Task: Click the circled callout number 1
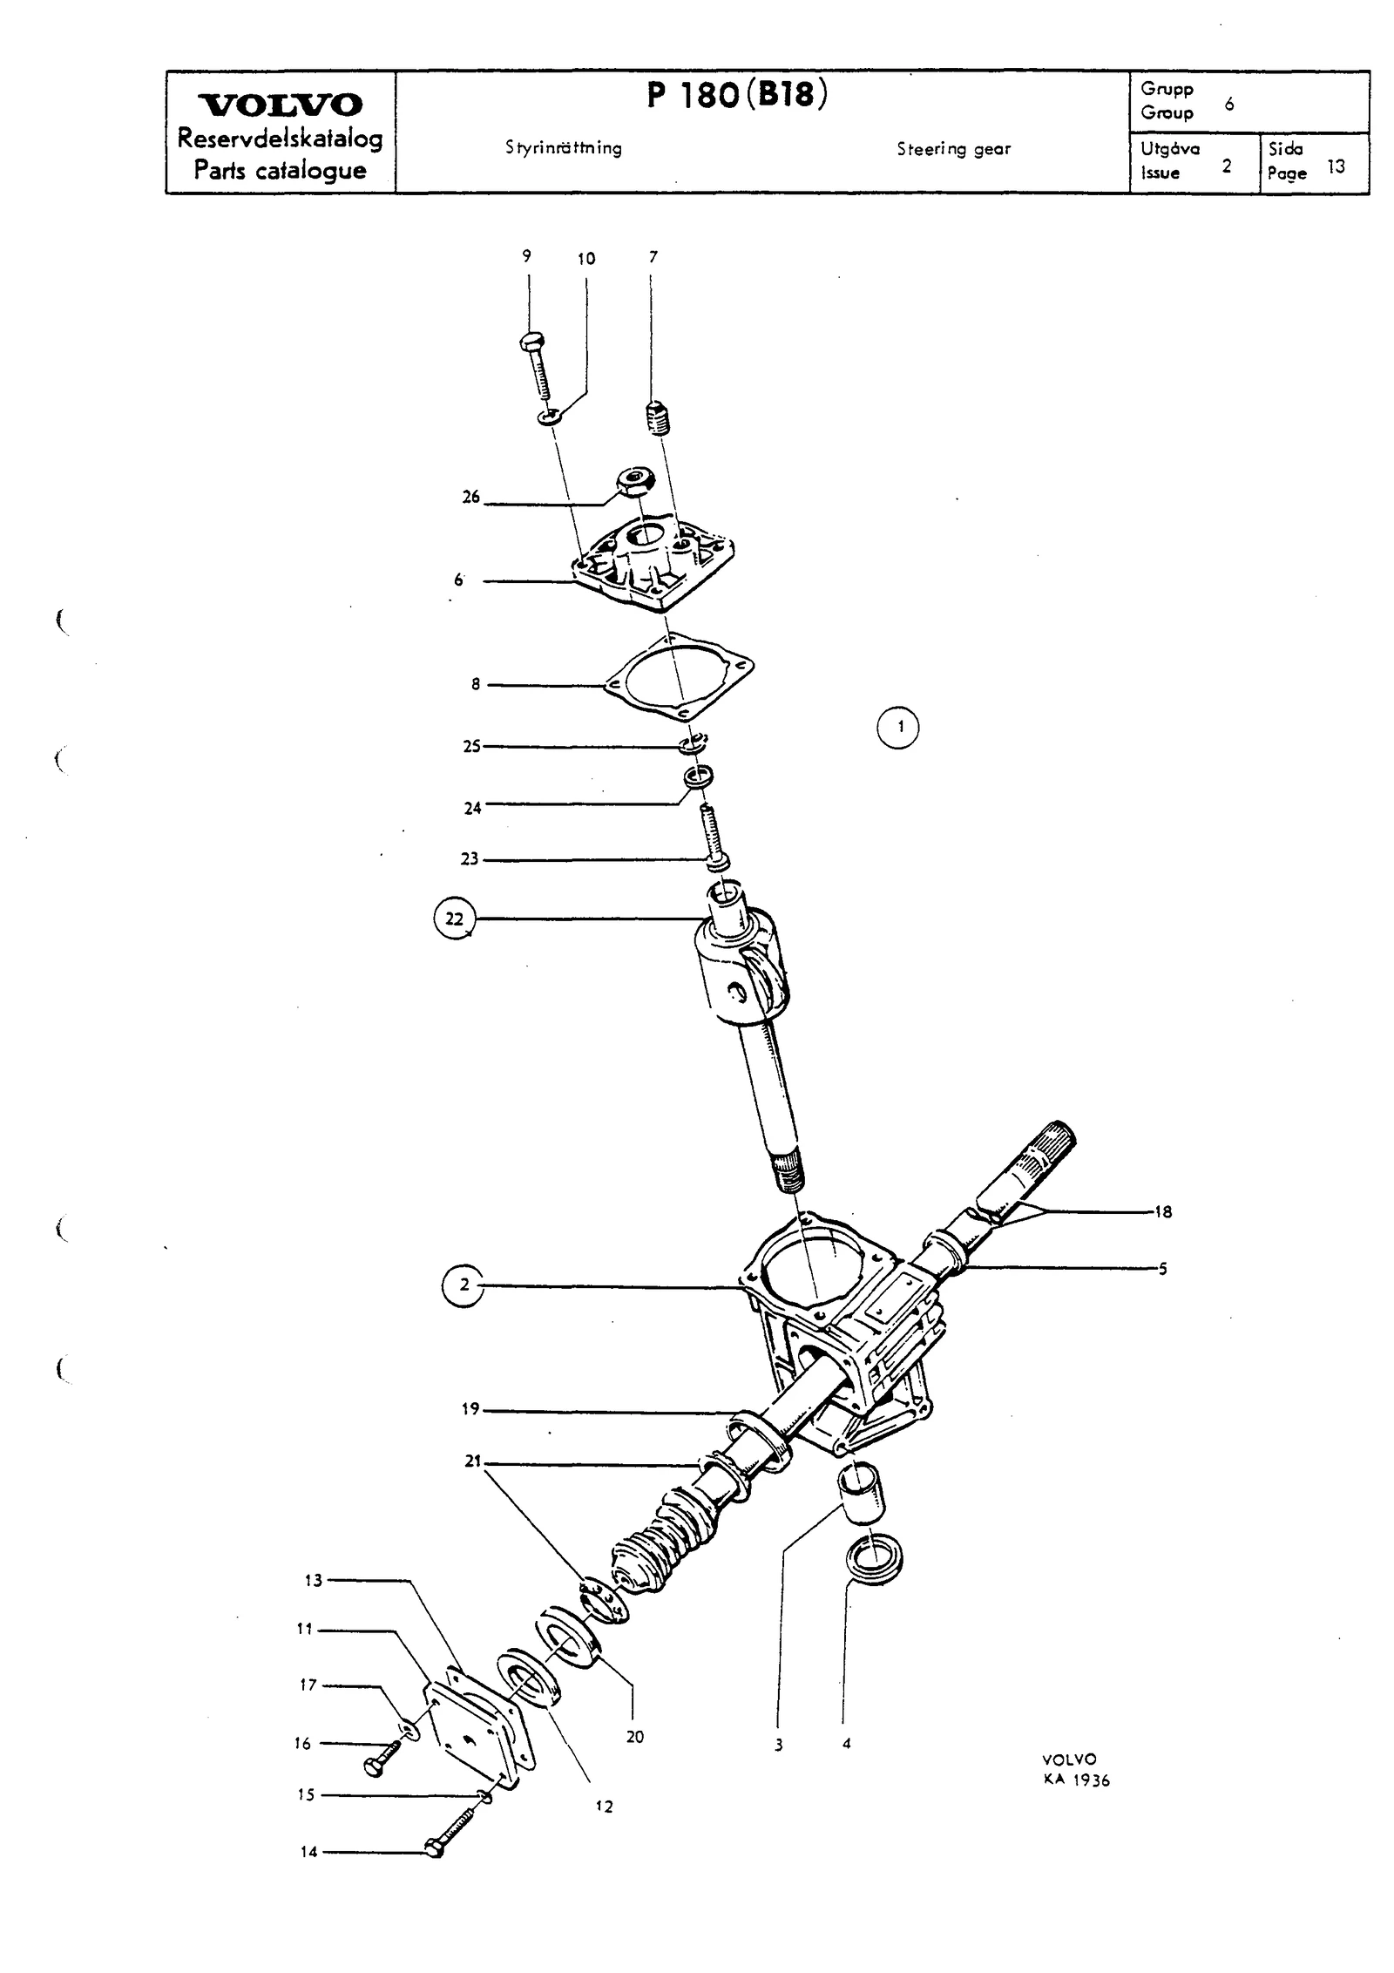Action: click(897, 727)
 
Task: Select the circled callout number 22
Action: click(455, 919)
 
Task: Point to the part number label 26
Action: click(470, 498)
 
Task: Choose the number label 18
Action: click(1162, 1211)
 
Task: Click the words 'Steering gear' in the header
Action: click(954, 149)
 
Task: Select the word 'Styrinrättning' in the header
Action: click(564, 148)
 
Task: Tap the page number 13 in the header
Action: click(1336, 166)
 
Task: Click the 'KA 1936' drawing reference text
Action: click(1077, 1780)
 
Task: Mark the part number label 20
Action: click(635, 1712)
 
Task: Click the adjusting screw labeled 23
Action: click(713, 837)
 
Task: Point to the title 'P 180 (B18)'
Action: click(737, 95)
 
